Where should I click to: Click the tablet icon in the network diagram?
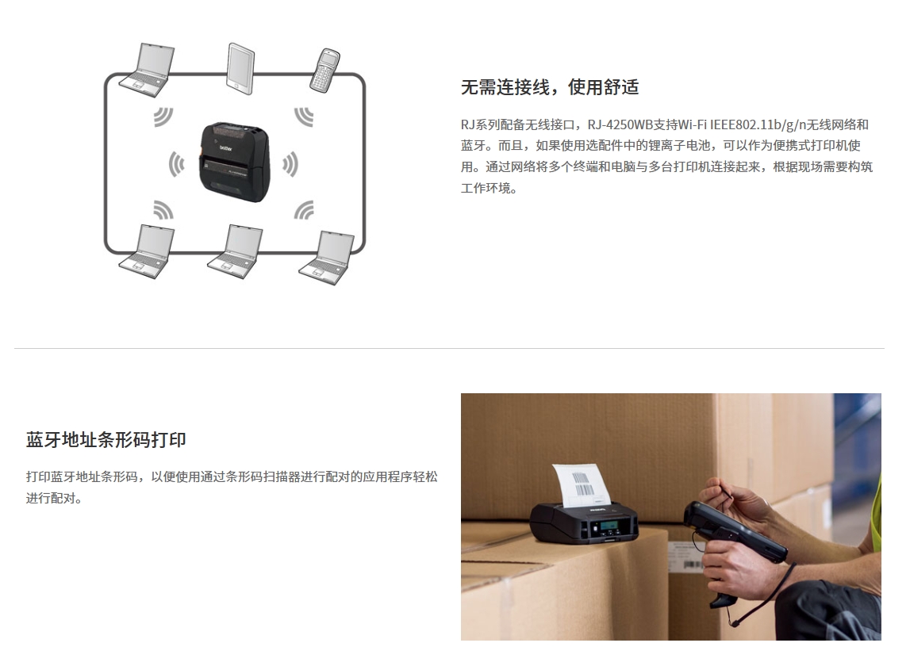[240, 68]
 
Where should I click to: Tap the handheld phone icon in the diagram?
[325, 71]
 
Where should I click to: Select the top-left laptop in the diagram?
[147, 70]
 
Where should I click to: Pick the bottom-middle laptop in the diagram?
[235, 251]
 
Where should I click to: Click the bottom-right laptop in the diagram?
[326, 258]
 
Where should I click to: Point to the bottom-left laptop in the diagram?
[147, 251]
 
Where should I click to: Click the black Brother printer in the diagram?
[235, 161]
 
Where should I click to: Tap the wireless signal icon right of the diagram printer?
[290, 164]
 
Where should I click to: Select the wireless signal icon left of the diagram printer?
[176, 164]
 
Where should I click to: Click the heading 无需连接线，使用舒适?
[550, 87]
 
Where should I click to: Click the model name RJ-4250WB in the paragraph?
[620, 124]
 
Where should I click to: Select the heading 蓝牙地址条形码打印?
[106, 440]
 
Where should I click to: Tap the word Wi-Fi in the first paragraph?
[693, 124]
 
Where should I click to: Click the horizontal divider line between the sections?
[449, 349]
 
